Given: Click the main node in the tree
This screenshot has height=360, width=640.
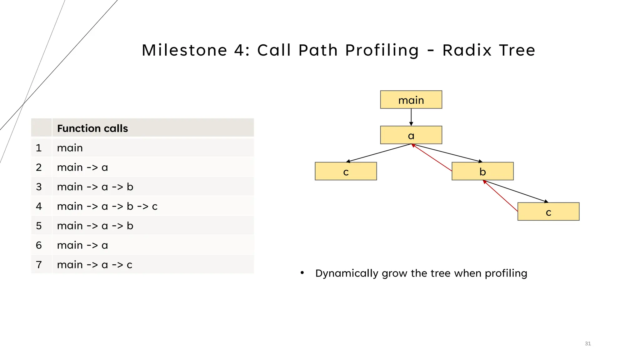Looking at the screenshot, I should pyautogui.click(x=411, y=100).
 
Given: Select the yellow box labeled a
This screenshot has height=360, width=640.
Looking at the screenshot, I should pyautogui.click(x=411, y=135).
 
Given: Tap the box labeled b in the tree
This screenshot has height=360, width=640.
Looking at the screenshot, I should pyautogui.click(x=482, y=171).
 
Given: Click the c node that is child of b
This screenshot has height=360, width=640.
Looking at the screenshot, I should pyautogui.click(x=548, y=212).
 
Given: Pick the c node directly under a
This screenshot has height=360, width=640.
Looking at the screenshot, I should pyautogui.click(x=346, y=171).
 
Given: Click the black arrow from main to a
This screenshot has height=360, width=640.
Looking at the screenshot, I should pyautogui.click(x=411, y=117).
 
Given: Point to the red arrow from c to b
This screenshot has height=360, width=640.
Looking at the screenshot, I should pyautogui.click(x=500, y=196).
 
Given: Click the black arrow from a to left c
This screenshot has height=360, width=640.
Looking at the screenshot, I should pyautogui.click(x=378, y=153).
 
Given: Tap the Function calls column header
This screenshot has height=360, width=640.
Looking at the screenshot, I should pyautogui.click(x=92, y=128).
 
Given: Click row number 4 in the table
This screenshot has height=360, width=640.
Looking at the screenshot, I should pyautogui.click(x=39, y=206).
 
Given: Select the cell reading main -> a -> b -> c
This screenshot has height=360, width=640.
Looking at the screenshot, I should pyautogui.click(x=107, y=206).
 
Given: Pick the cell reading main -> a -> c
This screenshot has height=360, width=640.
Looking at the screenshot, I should pyautogui.click(x=95, y=265).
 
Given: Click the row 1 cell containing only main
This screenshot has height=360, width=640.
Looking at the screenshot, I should pyautogui.click(x=70, y=148).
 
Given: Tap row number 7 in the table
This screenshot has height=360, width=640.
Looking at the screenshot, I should pyautogui.click(x=39, y=265).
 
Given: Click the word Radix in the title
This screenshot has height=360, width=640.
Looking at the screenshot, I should pyautogui.click(x=467, y=50).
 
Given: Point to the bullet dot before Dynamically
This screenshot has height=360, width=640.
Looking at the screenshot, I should pyautogui.click(x=302, y=273).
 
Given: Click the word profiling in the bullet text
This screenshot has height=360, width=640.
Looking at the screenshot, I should pyautogui.click(x=506, y=273).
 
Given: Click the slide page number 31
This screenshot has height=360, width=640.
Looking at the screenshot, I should pyautogui.click(x=587, y=343).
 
